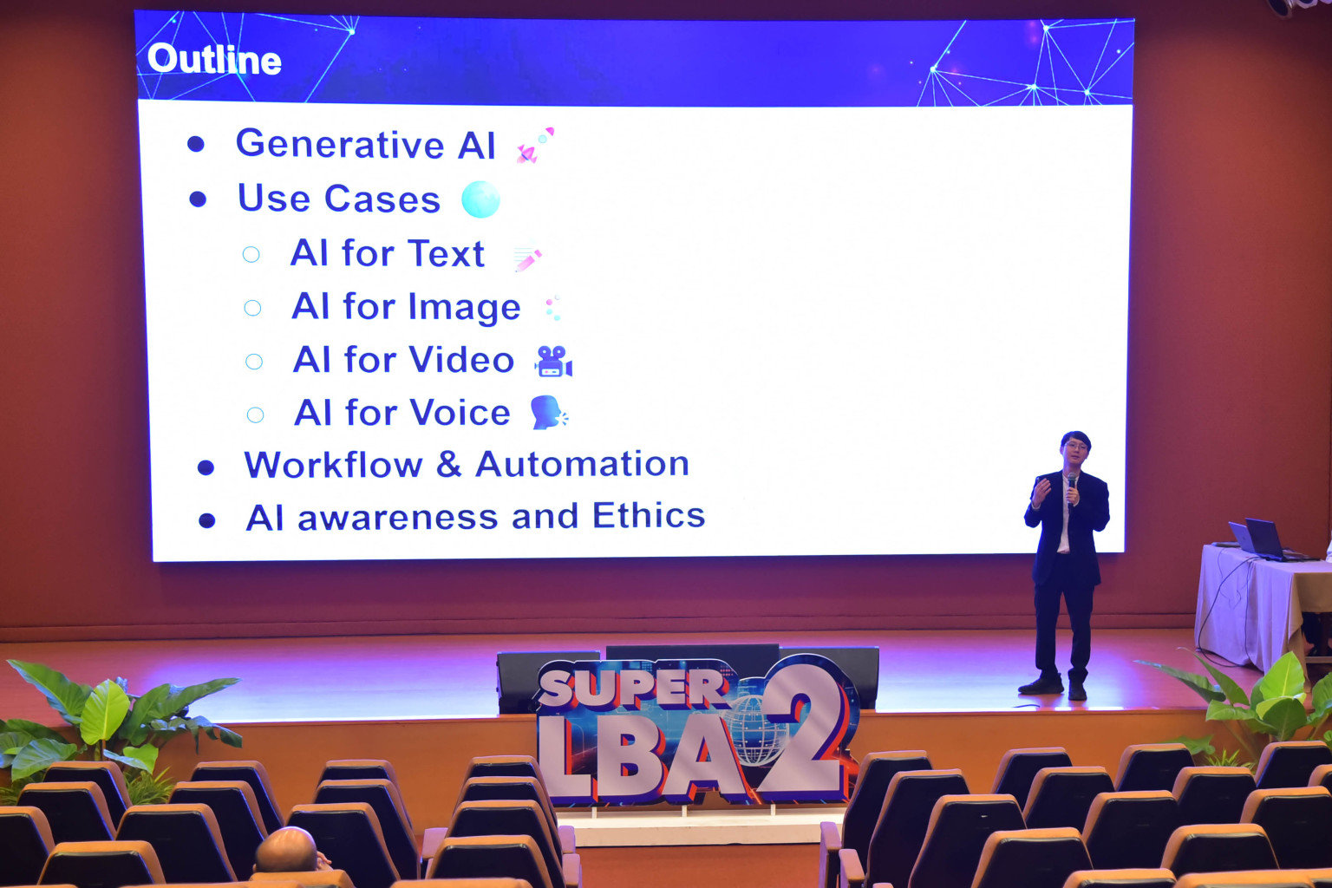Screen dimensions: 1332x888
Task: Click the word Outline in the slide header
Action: click(x=214, y=60)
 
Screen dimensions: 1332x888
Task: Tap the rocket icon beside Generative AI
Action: click(x=535, y=145)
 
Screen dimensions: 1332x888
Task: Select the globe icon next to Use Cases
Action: click(x=480, y=199)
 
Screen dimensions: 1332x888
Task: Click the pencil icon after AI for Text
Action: click(x=527, y=257)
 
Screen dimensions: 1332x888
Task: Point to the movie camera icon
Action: click(x=553, y=361)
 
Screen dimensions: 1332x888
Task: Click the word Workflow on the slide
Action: click(x=333, y=465)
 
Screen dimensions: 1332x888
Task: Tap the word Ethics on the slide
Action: click(x=649, y=515)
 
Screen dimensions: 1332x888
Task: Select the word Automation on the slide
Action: click(x=583, y=463)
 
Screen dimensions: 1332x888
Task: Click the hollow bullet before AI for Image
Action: click(x=252, y=308)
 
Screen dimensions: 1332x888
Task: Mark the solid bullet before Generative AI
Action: click(x=196, y=144)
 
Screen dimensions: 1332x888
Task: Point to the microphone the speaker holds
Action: click(x=1072, y=486)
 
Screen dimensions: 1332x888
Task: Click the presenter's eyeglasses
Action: click(x=1075, y=446)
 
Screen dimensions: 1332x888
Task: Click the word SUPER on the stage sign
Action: click(x=633, y=687)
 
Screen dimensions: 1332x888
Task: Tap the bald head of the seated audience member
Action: click(x=287, y=851)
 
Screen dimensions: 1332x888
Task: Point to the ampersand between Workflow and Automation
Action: click(x=449, y=465)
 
